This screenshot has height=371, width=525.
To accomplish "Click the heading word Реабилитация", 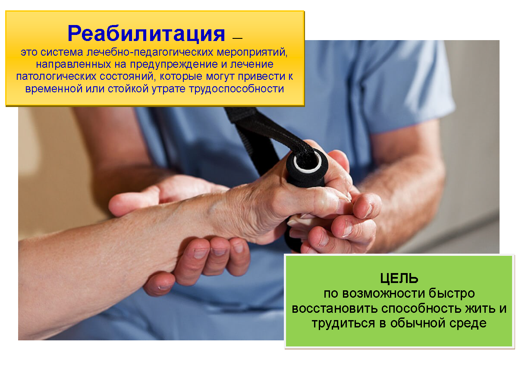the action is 146,34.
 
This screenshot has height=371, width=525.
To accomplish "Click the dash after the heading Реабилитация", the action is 237,38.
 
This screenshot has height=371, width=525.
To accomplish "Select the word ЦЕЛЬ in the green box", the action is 399,279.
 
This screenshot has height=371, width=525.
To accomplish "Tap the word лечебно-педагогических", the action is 150,52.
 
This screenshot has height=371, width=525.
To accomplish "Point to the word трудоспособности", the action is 236,89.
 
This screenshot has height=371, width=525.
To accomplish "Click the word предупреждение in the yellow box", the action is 174,64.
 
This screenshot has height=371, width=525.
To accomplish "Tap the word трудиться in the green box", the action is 343,324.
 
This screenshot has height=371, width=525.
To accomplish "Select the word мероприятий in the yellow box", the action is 252,52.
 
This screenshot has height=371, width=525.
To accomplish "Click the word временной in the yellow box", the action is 53,89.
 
